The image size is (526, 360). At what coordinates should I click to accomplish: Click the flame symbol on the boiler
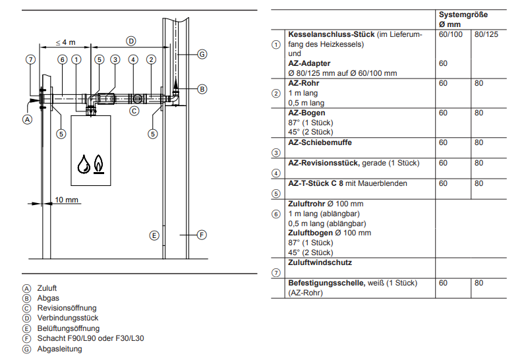click(98, 164)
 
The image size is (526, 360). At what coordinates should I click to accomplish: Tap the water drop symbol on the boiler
click(84, 164)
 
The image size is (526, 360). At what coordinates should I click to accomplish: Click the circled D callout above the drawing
click(131, 42)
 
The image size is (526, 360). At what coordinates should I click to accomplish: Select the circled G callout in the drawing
click(202, 54)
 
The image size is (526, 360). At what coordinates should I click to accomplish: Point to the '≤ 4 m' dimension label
click(66, 42)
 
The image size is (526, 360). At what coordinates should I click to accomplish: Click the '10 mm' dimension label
click(67, 200)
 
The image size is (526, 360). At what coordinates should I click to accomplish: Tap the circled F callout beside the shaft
click(202, 235)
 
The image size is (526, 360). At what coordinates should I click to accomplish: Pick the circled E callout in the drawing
click(154, 235)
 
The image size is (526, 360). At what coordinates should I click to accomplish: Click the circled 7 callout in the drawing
click(30, 60)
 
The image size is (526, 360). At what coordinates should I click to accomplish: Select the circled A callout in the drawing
click(28, 119)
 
